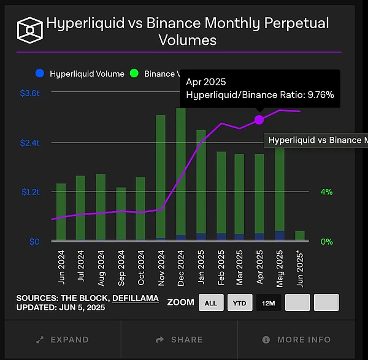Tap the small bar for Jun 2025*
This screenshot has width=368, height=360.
click(300, 236)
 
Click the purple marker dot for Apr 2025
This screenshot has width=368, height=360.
click(259, 120)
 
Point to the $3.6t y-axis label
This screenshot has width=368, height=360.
click(29, 93)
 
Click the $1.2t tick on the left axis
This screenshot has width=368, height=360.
click(29, 191)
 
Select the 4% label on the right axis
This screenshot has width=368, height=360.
click(326, 192)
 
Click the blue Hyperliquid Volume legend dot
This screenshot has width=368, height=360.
click(40, 73)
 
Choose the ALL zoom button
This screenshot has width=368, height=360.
click(211, 302)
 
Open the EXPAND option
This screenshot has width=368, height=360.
click(62, 339)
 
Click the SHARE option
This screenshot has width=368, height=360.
click(180, 339)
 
